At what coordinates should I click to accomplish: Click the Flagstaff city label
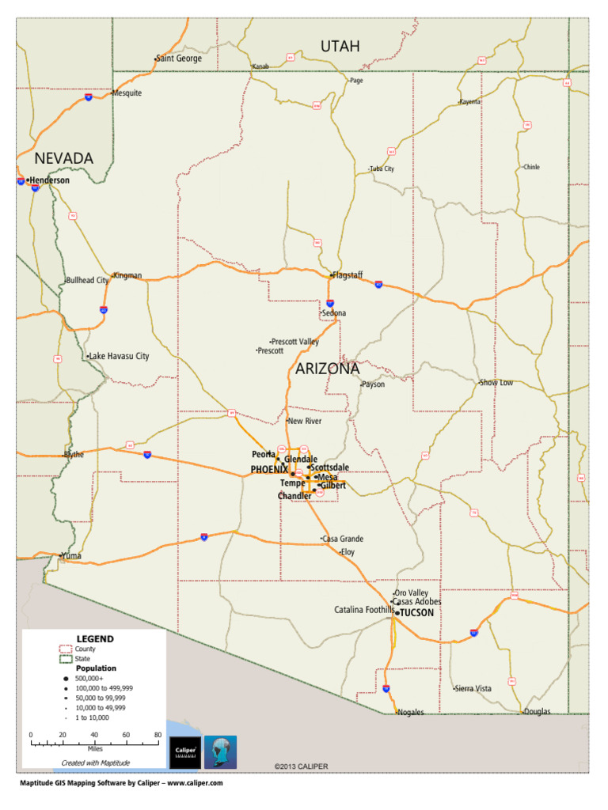(x=348, y=275)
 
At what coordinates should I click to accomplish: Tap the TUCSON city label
(x=416, y=612)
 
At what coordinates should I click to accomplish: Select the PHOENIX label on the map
(x=269, y=470)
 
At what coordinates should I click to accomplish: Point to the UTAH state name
(x=340, y=47)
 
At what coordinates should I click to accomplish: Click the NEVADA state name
(x=63, y=158)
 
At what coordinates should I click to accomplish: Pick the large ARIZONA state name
(x=327, y=369)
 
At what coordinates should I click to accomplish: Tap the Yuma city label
(x=71, y=556)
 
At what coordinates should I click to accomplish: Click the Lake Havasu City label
(x=120, y=357)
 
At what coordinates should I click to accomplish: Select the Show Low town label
(x=496, y=383)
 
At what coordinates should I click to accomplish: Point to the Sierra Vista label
(x=473, y=689)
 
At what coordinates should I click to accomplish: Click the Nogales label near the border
(x=411, y=712)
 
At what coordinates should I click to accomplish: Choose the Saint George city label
(x=179, y=59)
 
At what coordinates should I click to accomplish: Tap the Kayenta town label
(x=470, y=102)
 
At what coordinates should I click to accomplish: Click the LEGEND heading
(x=95, y=638)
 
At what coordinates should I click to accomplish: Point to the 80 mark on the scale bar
(x=158, y=736)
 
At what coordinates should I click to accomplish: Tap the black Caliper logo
(x=184, y=752)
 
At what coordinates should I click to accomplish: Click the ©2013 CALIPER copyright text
(x=301, y=766)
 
